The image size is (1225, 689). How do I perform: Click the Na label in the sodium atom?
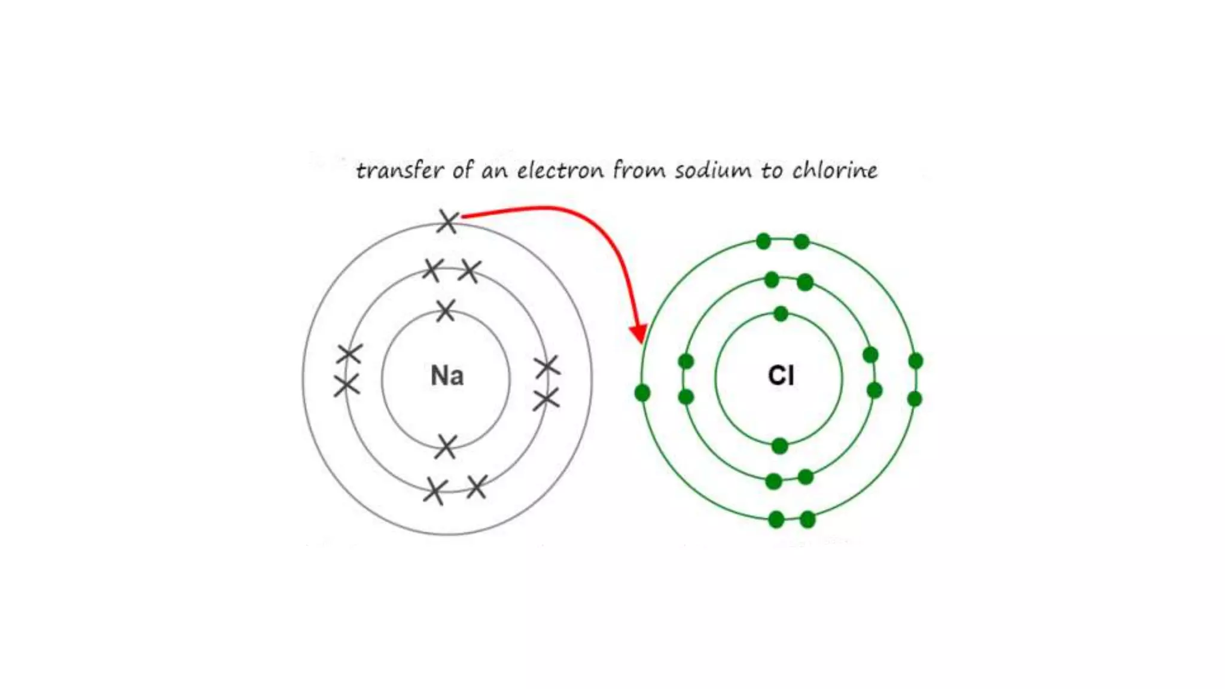pos(447,376)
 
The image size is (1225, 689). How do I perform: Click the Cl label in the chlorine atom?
pos(781,376)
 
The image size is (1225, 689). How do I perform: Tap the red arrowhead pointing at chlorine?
pos(639,333)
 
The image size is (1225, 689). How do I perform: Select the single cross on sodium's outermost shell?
pos(448,221)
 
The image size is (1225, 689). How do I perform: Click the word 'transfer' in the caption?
pos(400,170)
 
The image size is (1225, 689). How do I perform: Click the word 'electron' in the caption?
pos(560,170)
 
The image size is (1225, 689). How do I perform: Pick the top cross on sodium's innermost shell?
pos(446,310)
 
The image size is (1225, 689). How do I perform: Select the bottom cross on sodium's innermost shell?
pos(446,447)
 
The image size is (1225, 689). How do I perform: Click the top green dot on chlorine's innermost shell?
pos(781,313)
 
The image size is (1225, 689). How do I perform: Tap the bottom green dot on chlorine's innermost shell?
pos(779,446)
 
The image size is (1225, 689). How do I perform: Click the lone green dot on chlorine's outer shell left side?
pos(642,393)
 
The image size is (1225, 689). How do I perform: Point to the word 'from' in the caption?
pos(639,170)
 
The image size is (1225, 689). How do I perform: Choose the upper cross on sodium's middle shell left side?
pos(349,354)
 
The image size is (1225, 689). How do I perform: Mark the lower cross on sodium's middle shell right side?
pos(546,400)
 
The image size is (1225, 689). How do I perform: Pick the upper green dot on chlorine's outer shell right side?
pos(915,361)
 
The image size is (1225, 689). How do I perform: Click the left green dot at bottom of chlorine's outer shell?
pos(776,519)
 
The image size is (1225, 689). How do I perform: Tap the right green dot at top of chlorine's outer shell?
pos(802,242)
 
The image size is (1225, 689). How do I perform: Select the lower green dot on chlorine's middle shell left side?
pos(686,397)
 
